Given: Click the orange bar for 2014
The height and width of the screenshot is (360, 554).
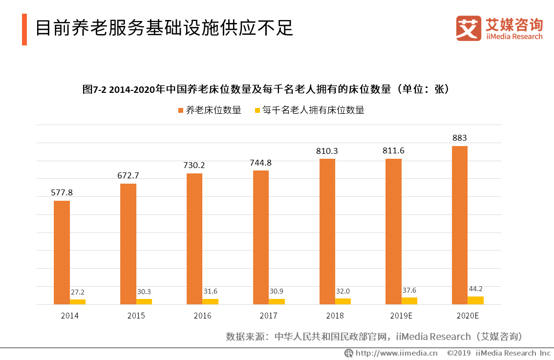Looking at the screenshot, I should [62, 253].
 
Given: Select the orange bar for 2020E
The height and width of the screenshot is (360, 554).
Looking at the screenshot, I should [459, 225].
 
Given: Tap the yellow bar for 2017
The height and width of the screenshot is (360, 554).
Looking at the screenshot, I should [277, 301].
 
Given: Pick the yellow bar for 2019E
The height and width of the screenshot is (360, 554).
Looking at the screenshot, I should [409, 301].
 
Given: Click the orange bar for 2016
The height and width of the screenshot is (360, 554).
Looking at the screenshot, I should [194, 239].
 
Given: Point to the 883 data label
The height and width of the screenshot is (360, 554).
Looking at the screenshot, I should [459, 138].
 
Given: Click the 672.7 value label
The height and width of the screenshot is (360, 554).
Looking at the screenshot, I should [128, 175].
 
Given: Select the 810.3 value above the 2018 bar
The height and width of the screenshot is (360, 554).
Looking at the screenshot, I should [327, 151].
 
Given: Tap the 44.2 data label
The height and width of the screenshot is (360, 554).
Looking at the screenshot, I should [475, 289].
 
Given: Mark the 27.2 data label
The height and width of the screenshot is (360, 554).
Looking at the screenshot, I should [77, 292].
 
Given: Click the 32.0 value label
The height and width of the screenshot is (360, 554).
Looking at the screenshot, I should [342, 291].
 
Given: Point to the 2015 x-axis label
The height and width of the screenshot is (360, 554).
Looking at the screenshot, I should [136, 316].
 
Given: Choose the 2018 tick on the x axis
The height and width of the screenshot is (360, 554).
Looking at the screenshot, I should [335, 316].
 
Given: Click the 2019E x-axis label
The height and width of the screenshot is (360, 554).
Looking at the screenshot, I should [401, 316].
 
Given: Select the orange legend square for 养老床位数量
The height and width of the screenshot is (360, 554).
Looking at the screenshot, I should [180, 110].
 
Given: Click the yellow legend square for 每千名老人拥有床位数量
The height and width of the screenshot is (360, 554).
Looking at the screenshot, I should [257, 110].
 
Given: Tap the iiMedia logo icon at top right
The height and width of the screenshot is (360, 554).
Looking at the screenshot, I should [469, 28].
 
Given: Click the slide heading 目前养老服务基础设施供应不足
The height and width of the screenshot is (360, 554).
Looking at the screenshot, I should [164, 29].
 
